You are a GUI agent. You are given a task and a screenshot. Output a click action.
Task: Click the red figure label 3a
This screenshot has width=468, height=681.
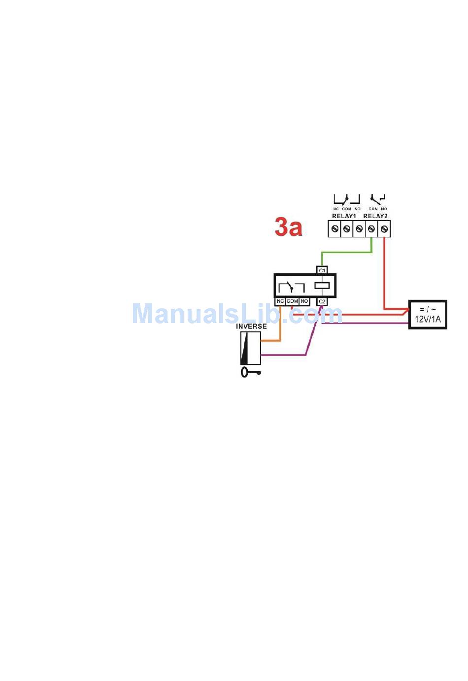coord(288,227)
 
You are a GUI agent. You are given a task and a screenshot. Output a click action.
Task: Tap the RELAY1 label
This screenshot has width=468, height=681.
coord(344,216)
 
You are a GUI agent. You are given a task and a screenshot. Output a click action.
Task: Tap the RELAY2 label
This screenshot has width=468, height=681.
coord(375,216)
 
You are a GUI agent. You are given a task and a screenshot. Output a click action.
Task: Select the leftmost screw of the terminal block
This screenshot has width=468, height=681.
coord(335,229)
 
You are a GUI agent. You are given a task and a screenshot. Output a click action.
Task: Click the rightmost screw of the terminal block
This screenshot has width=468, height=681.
coord(384,229)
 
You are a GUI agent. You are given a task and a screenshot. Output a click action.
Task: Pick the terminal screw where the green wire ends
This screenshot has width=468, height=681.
coord(371,229)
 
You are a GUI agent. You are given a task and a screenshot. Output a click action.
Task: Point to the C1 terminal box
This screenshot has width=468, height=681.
coord(322,270)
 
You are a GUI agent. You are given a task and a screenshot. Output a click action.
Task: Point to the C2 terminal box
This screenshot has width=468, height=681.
coord(322,301)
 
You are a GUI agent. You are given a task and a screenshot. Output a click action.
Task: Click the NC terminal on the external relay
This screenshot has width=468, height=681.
coord(280,301)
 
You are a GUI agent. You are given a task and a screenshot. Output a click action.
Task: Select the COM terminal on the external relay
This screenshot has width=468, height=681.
coord(292,301)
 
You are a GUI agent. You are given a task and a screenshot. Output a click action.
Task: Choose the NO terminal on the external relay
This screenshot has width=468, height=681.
coord(304,301)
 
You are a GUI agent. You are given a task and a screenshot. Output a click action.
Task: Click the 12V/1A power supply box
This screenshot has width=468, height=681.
coord(428,315)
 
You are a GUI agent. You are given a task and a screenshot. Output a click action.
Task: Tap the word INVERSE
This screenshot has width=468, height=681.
coord(251,326)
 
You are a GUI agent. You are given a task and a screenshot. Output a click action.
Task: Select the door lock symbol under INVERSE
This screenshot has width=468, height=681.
coord(250,348)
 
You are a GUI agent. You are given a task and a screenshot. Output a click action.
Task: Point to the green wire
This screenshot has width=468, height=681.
coord(345,253)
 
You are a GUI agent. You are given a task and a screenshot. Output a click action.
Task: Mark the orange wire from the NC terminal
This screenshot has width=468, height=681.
coord(280,325)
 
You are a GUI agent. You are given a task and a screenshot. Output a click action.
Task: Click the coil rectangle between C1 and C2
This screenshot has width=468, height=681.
coord(322,285)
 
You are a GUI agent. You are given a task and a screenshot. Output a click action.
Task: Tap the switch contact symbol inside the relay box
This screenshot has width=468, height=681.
coord(291,287)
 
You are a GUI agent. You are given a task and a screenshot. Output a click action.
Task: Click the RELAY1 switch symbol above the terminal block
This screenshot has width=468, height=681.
coord(347,199)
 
